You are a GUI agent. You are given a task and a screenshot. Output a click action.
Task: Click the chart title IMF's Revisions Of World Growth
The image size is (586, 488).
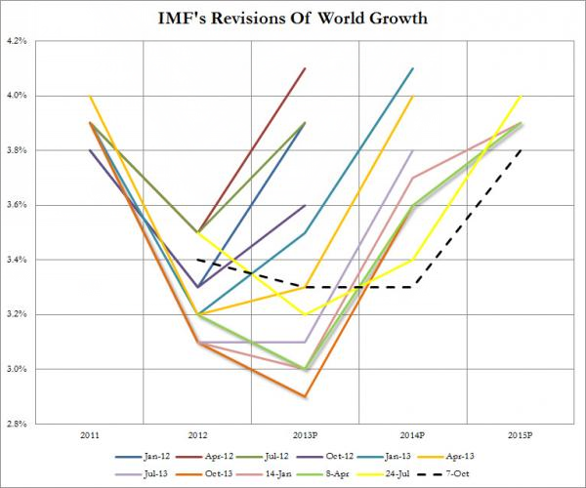tap(293, 17)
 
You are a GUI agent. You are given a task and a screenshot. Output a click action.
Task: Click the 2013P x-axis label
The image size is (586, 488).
tap(306, 436)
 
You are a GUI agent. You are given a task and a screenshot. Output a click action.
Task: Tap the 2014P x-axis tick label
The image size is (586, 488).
tap(413, 436)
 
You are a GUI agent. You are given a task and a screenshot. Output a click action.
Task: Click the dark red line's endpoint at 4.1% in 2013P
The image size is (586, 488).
tap(306, 68)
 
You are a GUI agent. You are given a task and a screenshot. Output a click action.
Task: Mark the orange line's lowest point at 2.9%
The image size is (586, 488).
tap(306, 396)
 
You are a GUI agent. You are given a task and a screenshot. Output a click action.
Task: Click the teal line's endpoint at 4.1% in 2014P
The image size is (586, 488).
tap(413, 68)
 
